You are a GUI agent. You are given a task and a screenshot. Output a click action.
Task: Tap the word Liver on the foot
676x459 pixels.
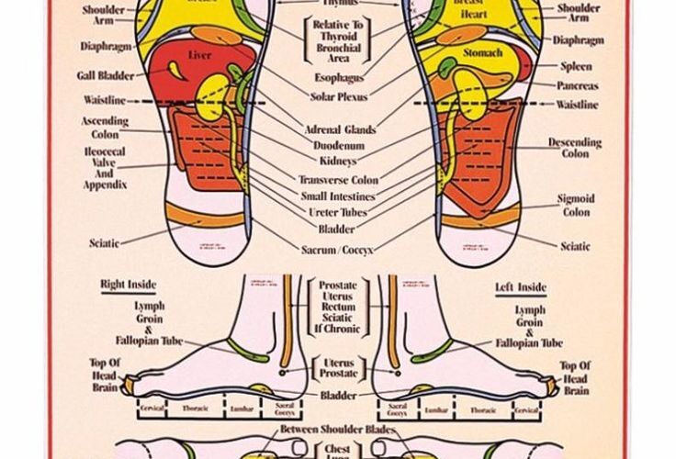(199, 55)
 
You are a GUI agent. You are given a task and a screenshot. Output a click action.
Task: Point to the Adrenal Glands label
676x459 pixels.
(340, 129)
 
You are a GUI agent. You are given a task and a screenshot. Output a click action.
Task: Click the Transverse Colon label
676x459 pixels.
(338, 180)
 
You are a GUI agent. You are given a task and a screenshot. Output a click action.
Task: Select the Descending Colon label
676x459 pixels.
(575, 148)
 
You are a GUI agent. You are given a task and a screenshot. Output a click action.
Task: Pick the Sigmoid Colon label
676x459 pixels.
(576, 205)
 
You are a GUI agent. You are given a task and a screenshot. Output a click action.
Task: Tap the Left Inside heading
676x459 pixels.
(520, 287)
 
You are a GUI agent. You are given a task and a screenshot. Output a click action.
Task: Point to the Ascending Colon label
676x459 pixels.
(105, 128)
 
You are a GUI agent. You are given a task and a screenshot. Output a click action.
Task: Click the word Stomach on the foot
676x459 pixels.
(482, 53)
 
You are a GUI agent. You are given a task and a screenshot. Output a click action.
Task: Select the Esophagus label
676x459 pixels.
(338, 79)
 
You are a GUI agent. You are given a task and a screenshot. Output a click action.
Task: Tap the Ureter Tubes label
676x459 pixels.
(338, 213)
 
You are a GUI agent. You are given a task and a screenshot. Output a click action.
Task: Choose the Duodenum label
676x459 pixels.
(339, 146)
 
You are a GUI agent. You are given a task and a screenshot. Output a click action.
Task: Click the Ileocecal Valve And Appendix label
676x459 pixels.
(104, 167)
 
